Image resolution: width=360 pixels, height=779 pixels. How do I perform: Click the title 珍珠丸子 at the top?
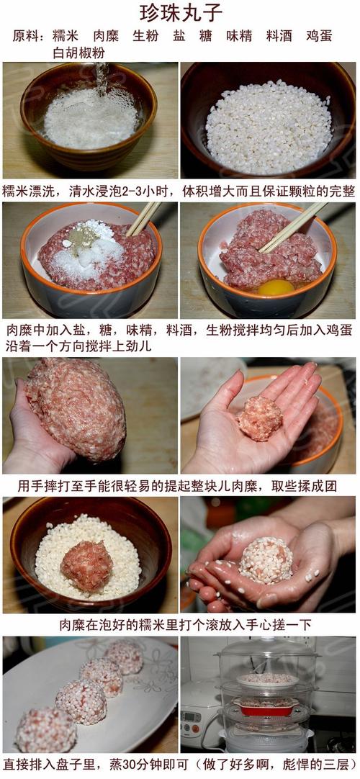(181, 12)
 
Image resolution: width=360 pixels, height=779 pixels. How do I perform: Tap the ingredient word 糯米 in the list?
(66, 36)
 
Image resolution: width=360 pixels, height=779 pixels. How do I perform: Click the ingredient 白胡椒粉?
(78, 53)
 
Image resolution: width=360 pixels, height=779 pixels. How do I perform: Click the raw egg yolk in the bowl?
(276, 287)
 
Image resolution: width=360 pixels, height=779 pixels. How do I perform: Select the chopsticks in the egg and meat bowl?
(292, 228)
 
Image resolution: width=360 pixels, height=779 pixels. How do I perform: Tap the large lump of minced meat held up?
(76, 407)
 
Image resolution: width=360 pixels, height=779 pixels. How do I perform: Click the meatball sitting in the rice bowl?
(86, 565)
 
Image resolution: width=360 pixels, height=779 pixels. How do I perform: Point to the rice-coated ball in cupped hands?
(266, 559)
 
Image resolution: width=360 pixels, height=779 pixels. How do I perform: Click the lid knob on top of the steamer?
(266, 641)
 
